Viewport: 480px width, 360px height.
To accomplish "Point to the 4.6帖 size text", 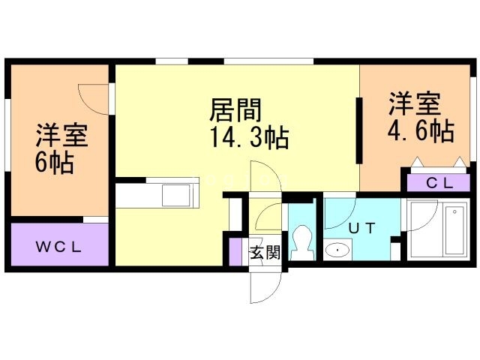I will [419, 131].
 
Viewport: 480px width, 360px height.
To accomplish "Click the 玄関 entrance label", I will [264, 253].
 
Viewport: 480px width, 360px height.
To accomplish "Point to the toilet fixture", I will [304, 241].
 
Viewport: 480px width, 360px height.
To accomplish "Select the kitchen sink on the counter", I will [178, 195].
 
